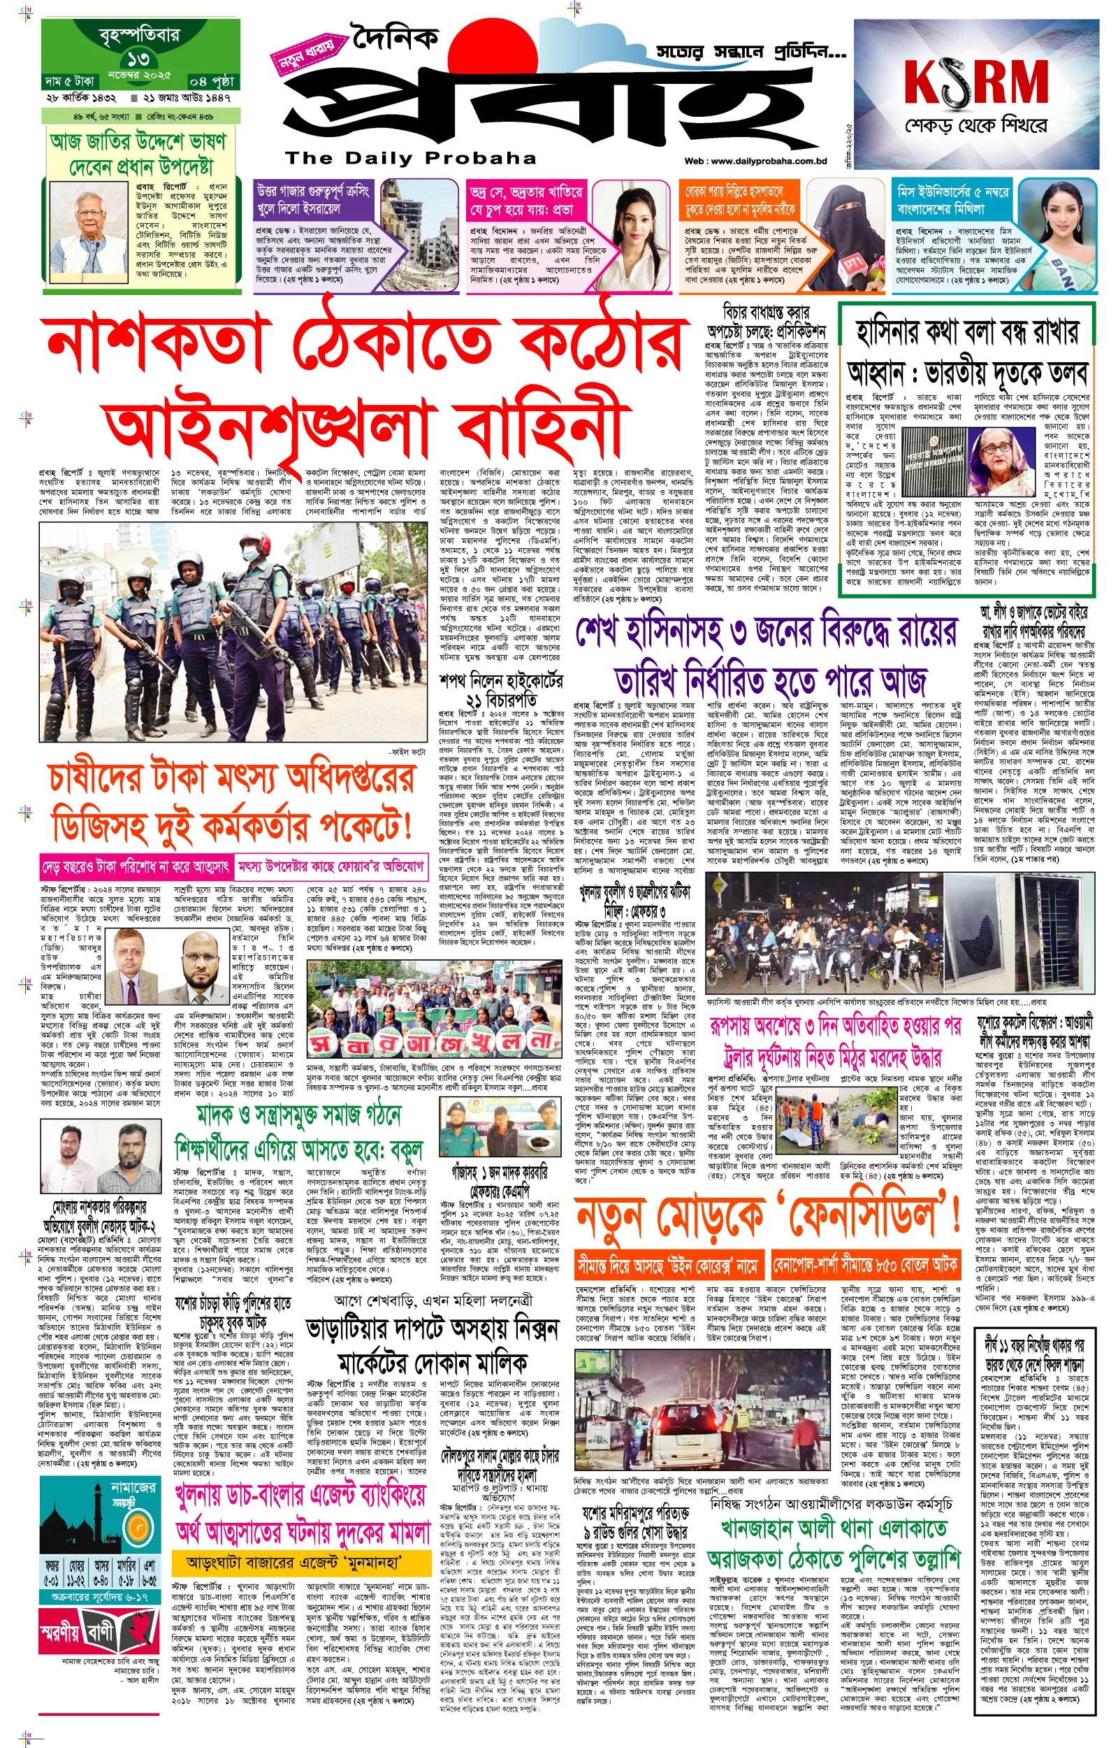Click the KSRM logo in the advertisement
[976, 83]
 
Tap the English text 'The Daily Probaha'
[410, 158]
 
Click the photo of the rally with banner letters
[433, 1010]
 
